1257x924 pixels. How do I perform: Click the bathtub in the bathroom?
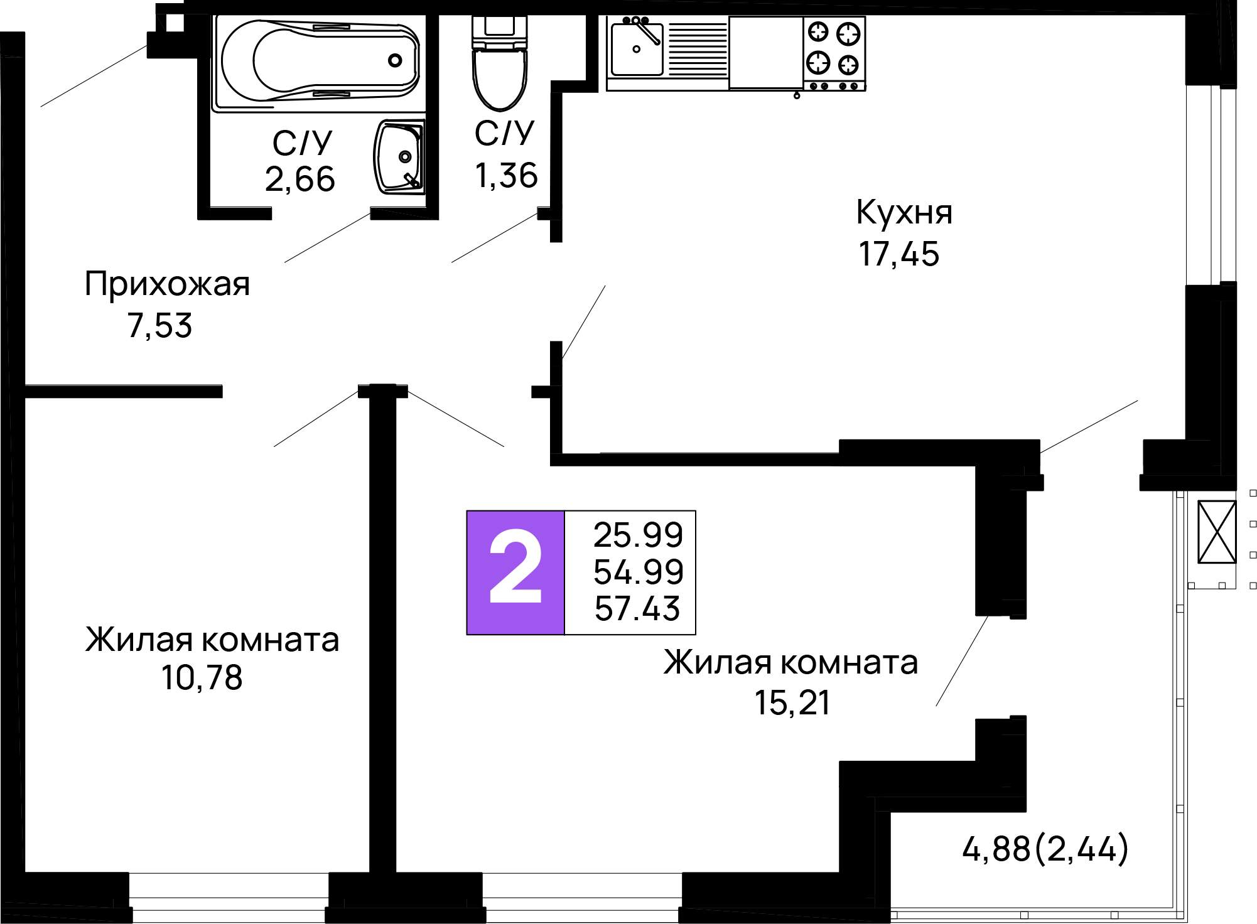(320, 62)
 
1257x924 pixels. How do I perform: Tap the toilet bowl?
(500, 63)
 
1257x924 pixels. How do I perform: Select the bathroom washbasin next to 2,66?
(399, 156)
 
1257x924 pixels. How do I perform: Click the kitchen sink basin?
(637, 49)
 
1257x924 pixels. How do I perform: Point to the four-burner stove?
(834, 54)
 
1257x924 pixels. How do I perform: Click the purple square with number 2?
(515, 572)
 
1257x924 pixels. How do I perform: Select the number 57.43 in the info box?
(637, 608)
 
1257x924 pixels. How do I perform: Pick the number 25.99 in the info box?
(638, 535)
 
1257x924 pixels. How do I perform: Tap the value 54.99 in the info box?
(638, 571)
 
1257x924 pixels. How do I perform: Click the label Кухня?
(904, 212)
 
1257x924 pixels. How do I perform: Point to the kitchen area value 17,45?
(898, 254)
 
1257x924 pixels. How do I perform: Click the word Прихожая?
(167, 284)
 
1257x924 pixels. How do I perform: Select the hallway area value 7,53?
(159, 326)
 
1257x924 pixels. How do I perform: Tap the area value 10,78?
(202, 678)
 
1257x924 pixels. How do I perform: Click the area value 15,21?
(792, 702)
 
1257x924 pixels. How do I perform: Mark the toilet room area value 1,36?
(506, 175)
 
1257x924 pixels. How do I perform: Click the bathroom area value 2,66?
(300, 180)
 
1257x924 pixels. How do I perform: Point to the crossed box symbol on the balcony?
(1216, 532)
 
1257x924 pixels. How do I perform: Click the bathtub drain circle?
(395, 60)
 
